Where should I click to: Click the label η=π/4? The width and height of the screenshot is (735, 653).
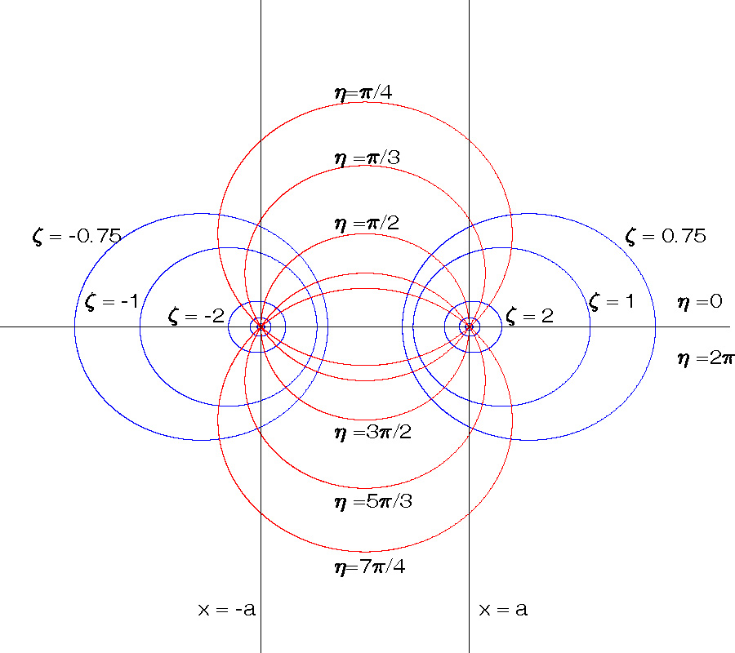coord(363,92)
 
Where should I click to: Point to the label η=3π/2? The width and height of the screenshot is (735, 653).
coord(372,432)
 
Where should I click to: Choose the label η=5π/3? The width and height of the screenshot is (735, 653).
coord(372,501)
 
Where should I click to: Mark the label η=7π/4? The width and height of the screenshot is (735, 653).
coord(369,566)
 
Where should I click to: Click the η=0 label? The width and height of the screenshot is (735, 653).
coord(700,302)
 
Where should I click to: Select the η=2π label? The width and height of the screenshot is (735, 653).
coord(706,357)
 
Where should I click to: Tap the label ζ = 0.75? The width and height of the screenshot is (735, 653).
coord(666,237)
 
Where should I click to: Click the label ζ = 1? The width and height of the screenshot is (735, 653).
coord(612,302)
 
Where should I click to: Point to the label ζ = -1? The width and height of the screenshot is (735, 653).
coord(111,302)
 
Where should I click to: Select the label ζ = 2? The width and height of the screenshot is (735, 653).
coord(529,316)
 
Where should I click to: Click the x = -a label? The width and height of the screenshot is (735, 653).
coord(227,609)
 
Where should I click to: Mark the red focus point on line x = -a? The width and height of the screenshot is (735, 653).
coord(261,327)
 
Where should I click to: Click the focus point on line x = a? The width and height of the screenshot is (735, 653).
coord(469,327)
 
